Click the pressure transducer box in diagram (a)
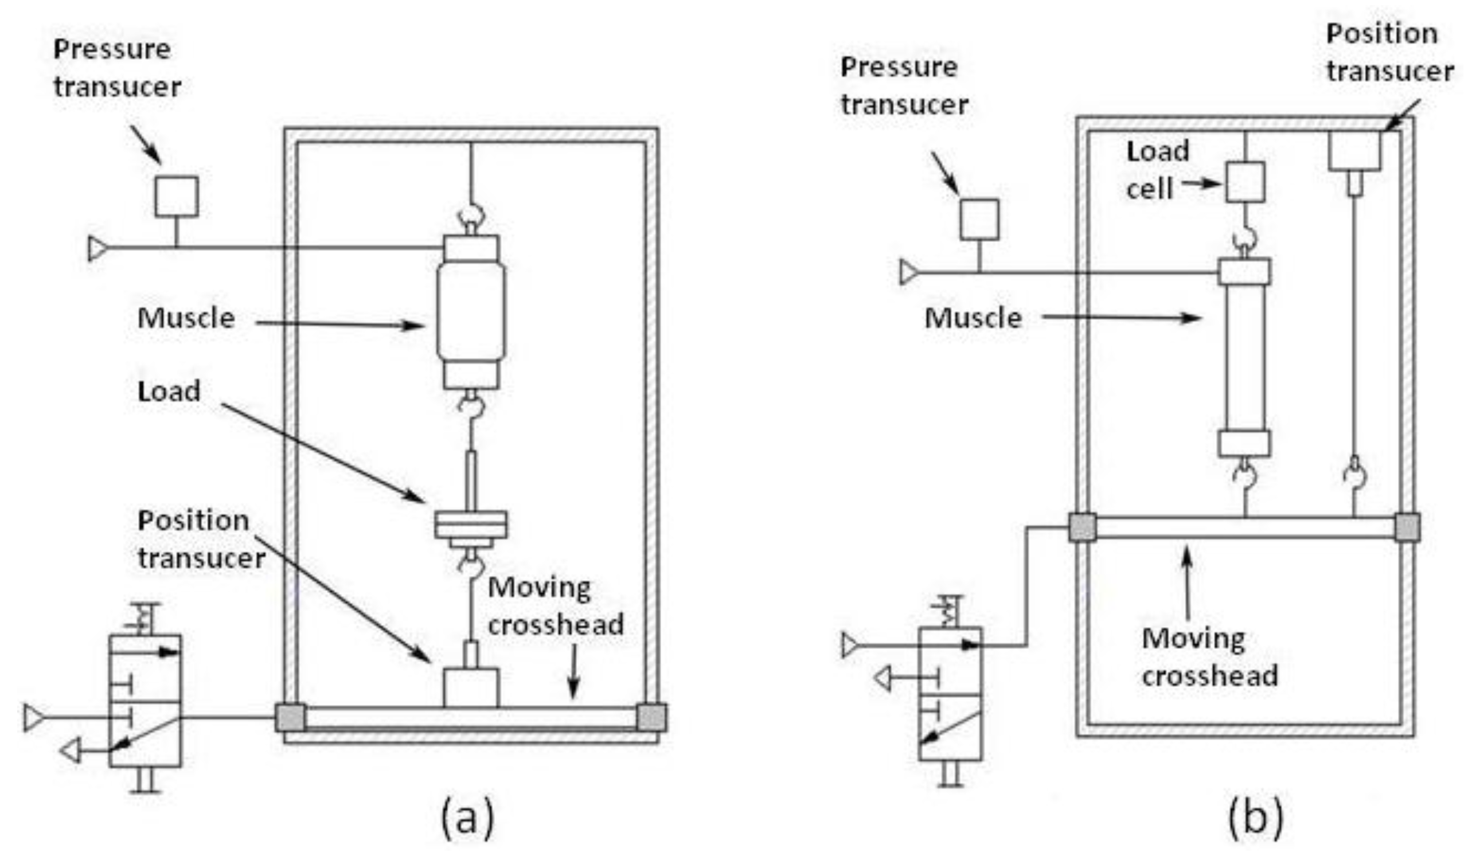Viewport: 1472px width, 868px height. [176, 197]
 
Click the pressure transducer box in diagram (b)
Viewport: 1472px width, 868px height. [979, 220]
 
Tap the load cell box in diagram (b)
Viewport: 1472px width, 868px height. [1244, 182]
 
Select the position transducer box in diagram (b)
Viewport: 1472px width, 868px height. [1354, 151]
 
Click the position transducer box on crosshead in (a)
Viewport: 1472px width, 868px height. [471, 688]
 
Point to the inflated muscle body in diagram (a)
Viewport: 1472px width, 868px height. [471, 311]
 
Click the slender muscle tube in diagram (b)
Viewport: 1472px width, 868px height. [1244, 357]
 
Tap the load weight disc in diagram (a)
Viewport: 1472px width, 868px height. [471, 525]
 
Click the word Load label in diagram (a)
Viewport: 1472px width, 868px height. [169, 391]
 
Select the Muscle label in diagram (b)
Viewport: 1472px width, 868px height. [973, 318]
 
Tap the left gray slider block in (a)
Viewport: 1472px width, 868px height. [290, 718]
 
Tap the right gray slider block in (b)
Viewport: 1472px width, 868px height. [1407, 527]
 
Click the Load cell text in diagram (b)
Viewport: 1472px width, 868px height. [1157, 170]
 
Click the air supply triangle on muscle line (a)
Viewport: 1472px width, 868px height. [97, 248]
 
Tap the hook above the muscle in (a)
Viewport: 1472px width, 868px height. [471, 214]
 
